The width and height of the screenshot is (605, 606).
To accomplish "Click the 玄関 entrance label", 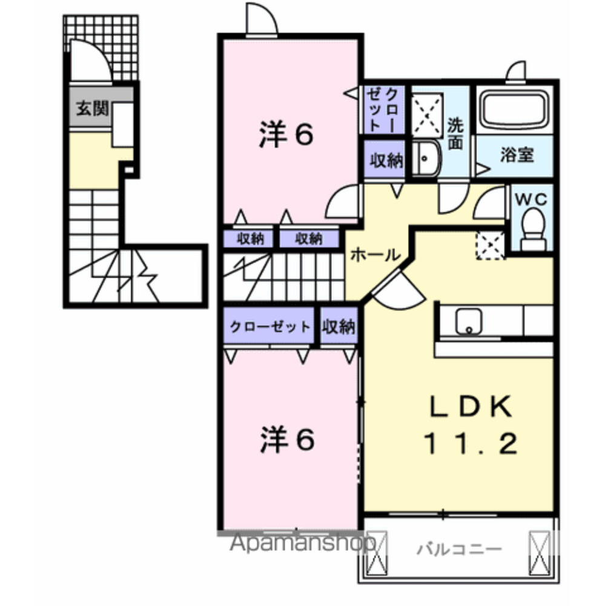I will (x=92, y=110).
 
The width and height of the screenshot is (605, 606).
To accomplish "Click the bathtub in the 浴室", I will (x=515, y=110).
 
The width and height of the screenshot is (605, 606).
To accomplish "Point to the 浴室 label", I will (x=517, y=155).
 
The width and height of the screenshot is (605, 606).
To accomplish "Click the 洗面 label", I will (x=455, y=134).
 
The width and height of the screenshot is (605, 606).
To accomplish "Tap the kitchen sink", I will (x=468, y=321).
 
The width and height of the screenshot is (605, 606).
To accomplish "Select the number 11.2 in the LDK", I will (x=470, y=445).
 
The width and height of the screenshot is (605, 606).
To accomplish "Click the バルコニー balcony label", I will (x=460, y=550).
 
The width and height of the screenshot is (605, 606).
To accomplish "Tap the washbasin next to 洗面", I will (x=427, y=159).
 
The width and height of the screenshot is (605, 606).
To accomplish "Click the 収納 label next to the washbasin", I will (x=386, y=161).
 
